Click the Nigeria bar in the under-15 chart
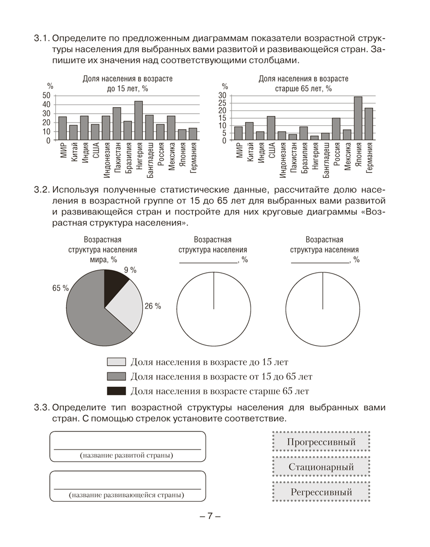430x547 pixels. [x=138, y=121]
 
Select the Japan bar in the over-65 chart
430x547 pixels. [x=358, y=119]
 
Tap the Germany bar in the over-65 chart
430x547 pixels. [x=369, y=124]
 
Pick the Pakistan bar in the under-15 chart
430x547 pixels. [x=117, y=124]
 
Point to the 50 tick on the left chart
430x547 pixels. [x=45, y=96]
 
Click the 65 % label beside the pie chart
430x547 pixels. [x=60, y=288]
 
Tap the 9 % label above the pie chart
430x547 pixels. [x=130, y=270]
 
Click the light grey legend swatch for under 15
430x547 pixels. [x=117, y=362]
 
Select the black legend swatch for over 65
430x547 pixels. [x=117, y=391]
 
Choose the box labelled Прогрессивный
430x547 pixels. [x=321, y=442]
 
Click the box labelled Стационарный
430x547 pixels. [x=321, y=467]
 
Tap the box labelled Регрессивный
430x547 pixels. [x=321, y=492]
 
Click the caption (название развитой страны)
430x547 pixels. [x=126, y=455]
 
